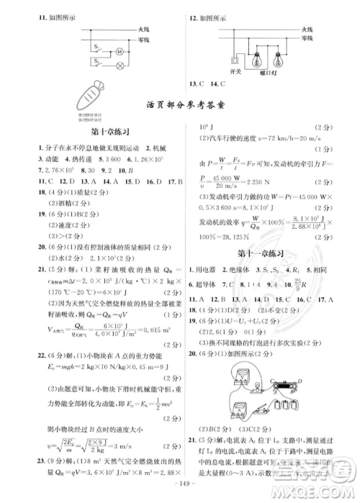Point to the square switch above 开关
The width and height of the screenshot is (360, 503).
232,60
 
